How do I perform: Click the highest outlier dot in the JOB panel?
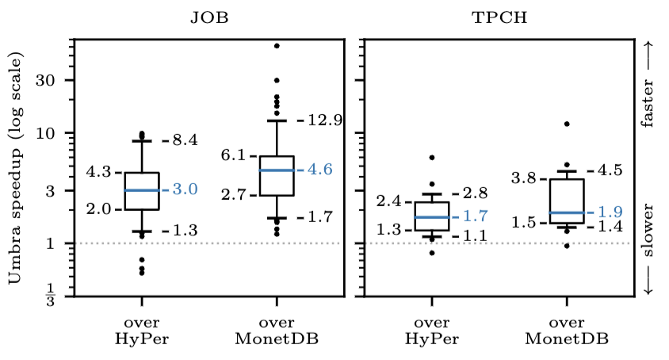click(277, 46)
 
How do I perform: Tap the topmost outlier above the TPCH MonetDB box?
click(567, 124)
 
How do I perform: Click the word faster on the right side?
click(648, 103)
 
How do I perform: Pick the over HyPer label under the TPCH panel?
click(432, 331)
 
